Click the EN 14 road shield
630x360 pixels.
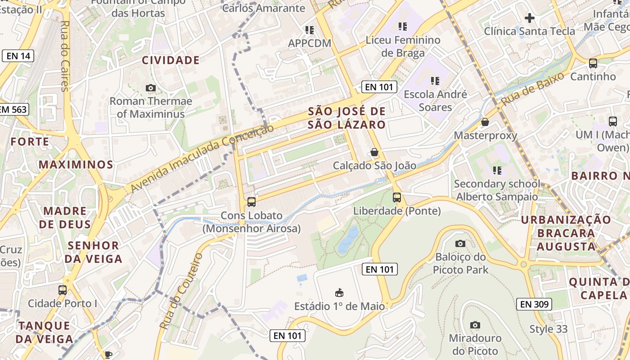(x=18, y=56)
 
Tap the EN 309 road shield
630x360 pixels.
(x=534, y=304)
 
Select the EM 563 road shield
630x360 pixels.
(x=13, y=109)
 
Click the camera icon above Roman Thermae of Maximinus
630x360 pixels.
(x=151, y=88)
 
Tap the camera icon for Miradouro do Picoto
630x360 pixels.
(x=475, y=325)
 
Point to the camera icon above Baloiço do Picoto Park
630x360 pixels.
(x=460, y=243)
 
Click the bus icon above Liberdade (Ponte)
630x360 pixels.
(x=397, y=197)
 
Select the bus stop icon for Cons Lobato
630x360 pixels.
(x=252, y=202)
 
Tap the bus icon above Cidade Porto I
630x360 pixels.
(x=63, y=290)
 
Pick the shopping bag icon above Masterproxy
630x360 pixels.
(x=485, y=122)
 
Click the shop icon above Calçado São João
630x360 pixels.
(x=374, y=153)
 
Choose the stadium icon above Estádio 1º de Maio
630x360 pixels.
(x=340, y=293)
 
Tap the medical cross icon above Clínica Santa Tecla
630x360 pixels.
(x=530, y=18)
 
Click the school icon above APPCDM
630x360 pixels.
(x=309, y=30)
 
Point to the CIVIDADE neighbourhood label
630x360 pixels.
(x=171, y=60)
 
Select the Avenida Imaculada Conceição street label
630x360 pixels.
(x=202, y=158)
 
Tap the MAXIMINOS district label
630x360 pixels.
(x=76, y=164)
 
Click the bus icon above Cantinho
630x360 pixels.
(x=593, y=63)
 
